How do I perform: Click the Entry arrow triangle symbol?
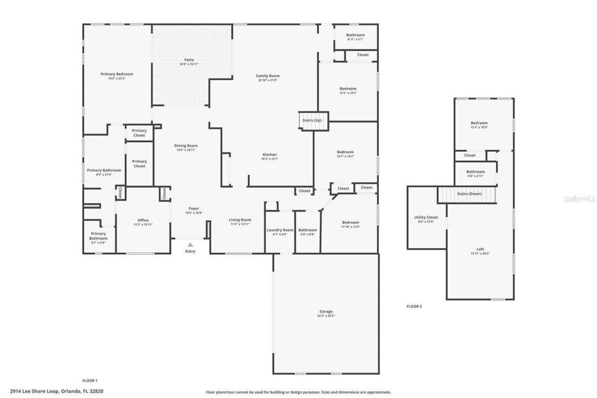[x=190, y=244]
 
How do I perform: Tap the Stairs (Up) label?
[x=312, y=120]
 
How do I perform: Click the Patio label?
[x=189, y=60]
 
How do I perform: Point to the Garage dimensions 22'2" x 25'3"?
[x=326, y=316]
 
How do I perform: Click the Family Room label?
[x=268, y=76]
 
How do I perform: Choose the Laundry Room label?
[x=280, y=230]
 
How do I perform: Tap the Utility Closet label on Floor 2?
[x=426, y=217]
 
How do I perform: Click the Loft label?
[x=480, y=249]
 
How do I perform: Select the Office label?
[x=143, y=220]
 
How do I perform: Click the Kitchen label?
[x=270, y=154]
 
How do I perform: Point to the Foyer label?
[x=194, y=209]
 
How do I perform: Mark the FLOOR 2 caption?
[x=414, y=307]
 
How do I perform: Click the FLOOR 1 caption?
[x=90, y=381]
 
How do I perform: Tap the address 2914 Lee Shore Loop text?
[x=56, y=391]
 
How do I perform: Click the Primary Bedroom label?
[x=117, y=74]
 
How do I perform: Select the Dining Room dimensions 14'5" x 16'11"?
[x=186, y=150]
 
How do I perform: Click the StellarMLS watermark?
[x=580, y=198]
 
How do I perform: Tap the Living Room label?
[x=240, y=220]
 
